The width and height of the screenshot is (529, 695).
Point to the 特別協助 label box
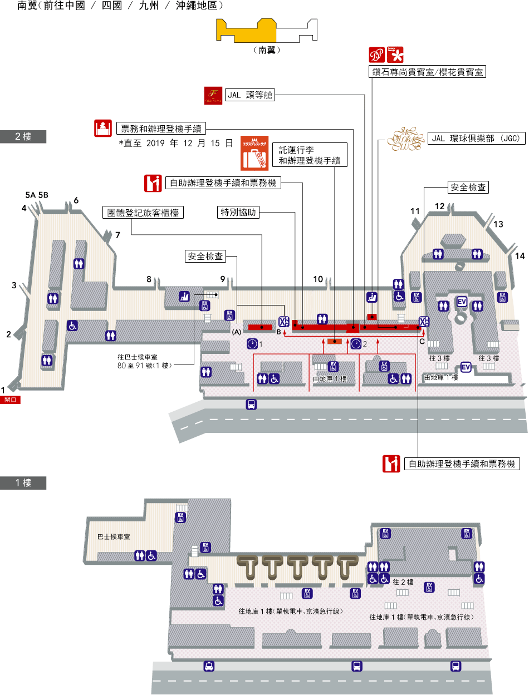(x=238, y=212)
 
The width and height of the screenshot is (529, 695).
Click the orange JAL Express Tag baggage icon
(x=254, y=153)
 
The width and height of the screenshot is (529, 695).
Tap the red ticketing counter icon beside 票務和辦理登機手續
(x=102, y=128)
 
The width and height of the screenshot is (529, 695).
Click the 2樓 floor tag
(x=23, y=137)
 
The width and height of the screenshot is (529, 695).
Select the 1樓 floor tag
(x=23, y=483)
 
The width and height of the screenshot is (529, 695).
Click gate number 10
(x=318, y=279)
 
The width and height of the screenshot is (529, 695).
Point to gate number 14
(x=520, y=256)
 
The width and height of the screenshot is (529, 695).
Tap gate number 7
(x=117, y=235)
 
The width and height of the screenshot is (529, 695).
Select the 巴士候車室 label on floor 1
(x=114, y=537)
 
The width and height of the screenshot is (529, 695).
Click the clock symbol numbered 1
(x=252, y=343)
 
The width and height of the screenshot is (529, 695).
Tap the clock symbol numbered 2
(x=356, y=343)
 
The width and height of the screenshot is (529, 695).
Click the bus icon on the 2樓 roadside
(x=251, y=405)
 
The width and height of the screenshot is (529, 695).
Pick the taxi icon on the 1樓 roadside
(x=209, y=666)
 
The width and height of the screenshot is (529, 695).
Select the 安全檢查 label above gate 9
(x=205, y=257)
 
